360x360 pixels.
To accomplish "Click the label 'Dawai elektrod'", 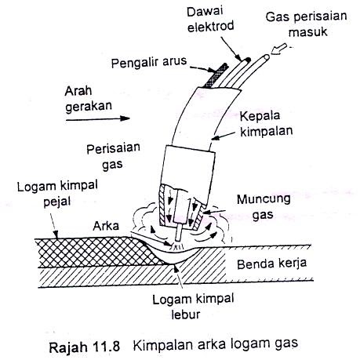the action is tap(210, 19).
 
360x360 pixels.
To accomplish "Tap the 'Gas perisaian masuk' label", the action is tap(306, 24).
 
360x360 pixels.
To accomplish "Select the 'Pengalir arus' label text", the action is tap(149, 62).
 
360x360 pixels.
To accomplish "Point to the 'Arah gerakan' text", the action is tap(88, 100).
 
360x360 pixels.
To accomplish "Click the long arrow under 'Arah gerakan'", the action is tap(98, 118).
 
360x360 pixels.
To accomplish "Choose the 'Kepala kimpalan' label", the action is tap(266, 124).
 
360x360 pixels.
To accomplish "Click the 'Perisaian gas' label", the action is tap(113, 156).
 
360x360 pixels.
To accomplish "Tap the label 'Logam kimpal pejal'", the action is tap(57, 194).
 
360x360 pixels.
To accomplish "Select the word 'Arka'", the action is tap(106, 226).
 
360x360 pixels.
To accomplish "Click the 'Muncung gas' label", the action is tap(264, 207).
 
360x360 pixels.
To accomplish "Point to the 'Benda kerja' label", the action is tap(271, 264).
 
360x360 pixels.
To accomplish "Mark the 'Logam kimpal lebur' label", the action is tap(193, 307).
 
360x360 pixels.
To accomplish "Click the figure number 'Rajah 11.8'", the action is tap(84, 347).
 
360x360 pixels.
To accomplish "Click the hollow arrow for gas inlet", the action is tap(278, 49).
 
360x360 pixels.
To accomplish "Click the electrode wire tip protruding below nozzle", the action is tap(179, 233).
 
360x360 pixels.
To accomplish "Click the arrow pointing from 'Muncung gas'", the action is tap(214, 211).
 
